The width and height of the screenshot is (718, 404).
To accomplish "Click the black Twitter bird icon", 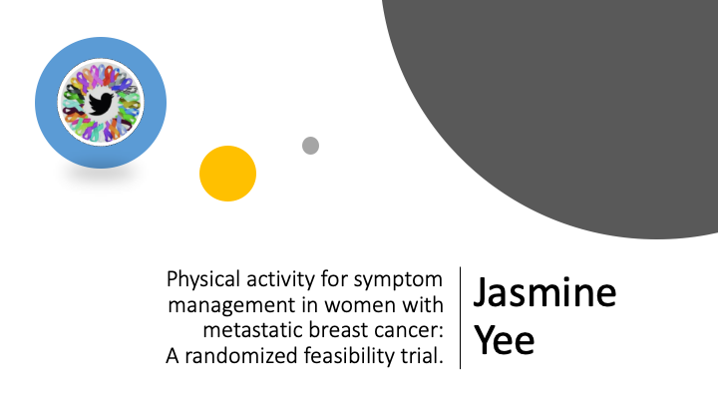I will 100,103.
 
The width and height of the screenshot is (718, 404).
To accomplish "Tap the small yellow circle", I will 227,174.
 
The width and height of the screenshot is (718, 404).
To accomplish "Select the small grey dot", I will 310,146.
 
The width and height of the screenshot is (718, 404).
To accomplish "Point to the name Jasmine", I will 544,293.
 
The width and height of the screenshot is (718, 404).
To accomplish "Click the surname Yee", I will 504,339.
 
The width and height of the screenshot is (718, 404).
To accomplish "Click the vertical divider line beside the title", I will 460,317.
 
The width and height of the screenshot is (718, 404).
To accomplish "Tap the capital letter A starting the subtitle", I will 170,355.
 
